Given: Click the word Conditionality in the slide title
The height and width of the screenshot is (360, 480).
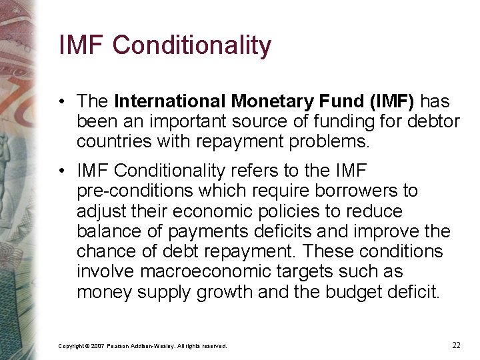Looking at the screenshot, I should point(192,45).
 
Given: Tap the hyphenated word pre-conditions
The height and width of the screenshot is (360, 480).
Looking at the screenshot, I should point(132,191).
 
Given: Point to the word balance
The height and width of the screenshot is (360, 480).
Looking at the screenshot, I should point(105,231).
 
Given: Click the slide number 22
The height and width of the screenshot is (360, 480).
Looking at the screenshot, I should point(456,345).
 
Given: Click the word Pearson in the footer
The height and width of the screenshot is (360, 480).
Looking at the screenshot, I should point(121,346).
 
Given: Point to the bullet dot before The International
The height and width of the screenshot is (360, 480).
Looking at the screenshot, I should point(61,102).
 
